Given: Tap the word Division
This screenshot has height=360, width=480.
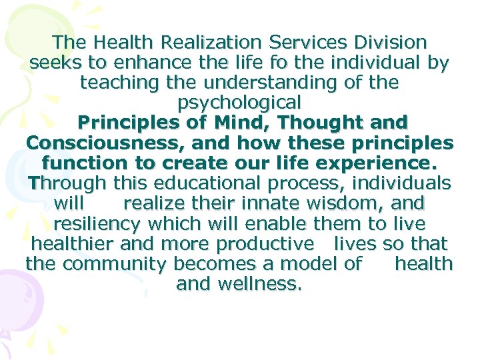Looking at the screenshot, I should tap(386, 43).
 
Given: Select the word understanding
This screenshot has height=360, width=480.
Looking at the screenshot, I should tap(266, 83).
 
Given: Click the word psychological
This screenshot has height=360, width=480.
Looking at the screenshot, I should tap(239, 103).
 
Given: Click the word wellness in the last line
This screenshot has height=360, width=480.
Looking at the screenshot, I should tap(261, 284).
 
